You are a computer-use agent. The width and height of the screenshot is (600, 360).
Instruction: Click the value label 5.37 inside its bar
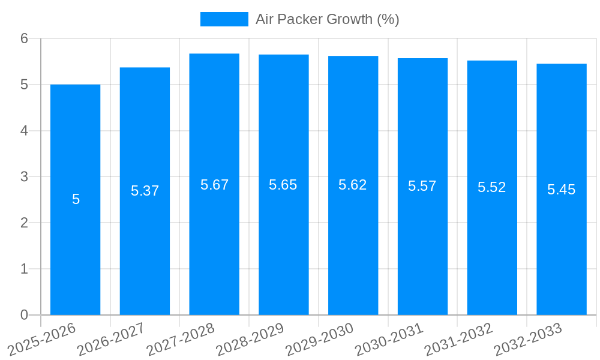point(145,191)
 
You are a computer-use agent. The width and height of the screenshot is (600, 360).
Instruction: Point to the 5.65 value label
point(283,185)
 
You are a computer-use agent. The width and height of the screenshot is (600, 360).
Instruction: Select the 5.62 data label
point(353,185)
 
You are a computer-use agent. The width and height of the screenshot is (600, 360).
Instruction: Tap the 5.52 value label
point(492,187)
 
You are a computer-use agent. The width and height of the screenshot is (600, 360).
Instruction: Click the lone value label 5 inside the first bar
point(76,199)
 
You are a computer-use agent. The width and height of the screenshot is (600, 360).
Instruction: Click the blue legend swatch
point(224,19)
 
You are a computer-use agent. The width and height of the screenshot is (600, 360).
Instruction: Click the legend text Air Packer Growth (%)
point(328,19)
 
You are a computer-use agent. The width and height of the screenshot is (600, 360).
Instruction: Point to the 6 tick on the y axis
point(25,38)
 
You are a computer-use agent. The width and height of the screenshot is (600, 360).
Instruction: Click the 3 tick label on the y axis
point(25,176)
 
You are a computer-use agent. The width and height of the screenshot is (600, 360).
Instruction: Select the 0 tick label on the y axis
point(25,315)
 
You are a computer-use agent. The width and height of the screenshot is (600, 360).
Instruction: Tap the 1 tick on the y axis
point(25,269)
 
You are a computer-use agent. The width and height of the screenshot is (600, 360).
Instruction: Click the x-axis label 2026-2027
point(112,339)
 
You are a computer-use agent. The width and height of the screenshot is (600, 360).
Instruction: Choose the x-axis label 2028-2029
point(250,339)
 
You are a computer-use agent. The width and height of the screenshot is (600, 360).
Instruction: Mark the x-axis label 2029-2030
point(320,339)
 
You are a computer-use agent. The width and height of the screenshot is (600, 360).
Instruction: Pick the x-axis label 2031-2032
point(459,339)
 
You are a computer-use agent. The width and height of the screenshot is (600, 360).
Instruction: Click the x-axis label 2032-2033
point(528,339)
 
